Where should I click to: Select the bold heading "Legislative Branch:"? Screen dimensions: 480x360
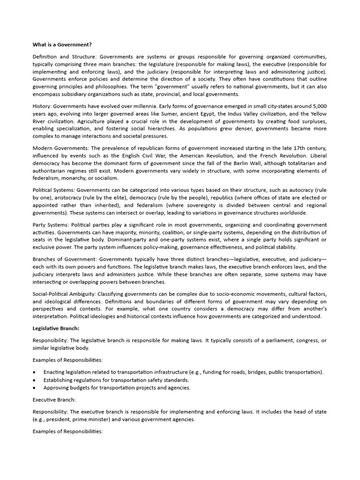pos(56,328)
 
